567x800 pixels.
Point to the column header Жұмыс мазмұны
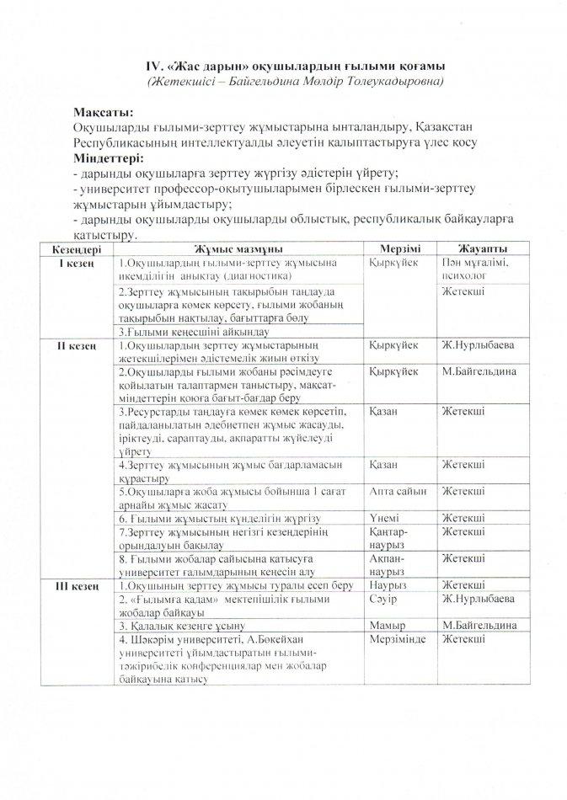(238, 250)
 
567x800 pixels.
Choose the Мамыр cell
(387, 626)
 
